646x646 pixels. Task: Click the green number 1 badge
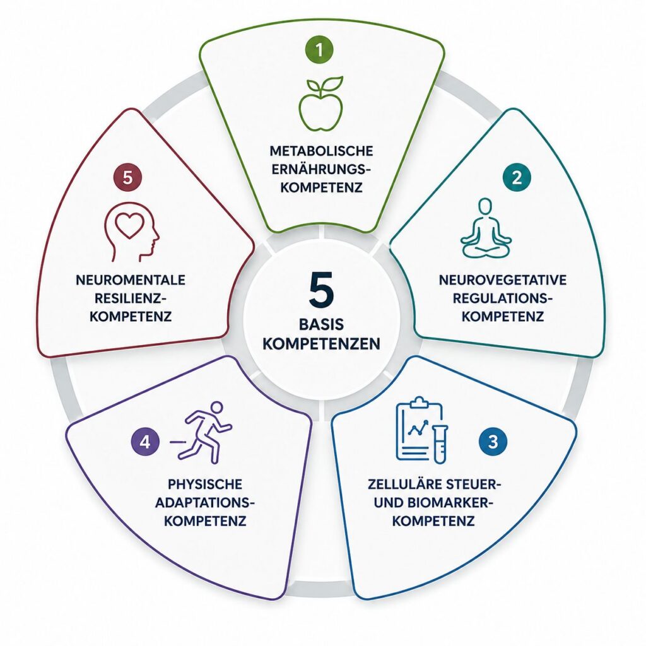319,49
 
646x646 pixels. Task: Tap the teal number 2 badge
517,177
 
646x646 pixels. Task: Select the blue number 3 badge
493,441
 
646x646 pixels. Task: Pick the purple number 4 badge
144,442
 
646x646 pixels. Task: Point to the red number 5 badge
127,178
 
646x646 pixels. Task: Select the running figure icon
202,432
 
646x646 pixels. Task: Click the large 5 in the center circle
321,290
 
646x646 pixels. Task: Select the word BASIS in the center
321,325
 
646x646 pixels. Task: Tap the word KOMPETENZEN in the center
321,344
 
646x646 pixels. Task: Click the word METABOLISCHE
321,151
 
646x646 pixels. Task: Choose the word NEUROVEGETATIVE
503,280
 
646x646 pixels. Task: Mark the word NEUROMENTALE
131,280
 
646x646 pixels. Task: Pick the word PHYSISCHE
205,484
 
